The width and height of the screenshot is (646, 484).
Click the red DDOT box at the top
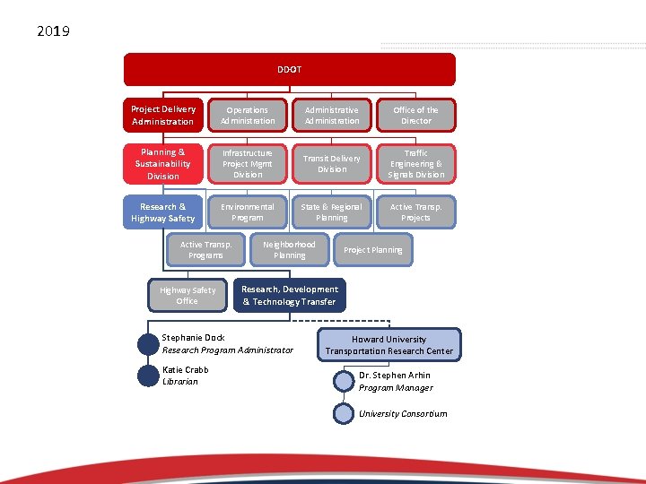click(x=289, y=69)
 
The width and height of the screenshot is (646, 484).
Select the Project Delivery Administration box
click(x=162, y=115)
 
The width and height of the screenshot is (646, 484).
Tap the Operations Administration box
click(x=248, y=115)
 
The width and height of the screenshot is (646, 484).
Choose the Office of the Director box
click(x=416, y=115)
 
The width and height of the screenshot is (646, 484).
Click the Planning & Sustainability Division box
click(x=162, y=164)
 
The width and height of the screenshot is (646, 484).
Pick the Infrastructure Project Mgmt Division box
click(x=248, y=164)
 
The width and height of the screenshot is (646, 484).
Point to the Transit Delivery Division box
click(x=332, y=164)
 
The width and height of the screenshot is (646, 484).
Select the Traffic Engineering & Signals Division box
click(x=416, y=164)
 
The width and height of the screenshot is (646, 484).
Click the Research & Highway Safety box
click(x=162, y=212)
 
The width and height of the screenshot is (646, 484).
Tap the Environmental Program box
click(x=248, y=212)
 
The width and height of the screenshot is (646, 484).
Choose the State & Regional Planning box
click(x=332, y=212)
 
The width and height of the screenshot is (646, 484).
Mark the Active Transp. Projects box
click(x=416, y=212)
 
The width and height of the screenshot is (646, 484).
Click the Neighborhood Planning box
click(x=289, y=250)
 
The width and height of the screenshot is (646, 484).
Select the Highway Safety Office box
click(x=187, y=296)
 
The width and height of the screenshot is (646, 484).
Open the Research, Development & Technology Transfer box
click(x=289, y=296)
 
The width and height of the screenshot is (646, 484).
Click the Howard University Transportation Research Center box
click(x=388, y=345)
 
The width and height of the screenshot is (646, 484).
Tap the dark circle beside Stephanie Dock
click(x=148, y=344)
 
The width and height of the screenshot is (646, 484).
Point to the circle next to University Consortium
click(x=344, y=413)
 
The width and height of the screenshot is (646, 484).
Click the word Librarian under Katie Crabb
click(x=180, y=382)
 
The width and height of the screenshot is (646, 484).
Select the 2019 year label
click(x=54, y=32)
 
